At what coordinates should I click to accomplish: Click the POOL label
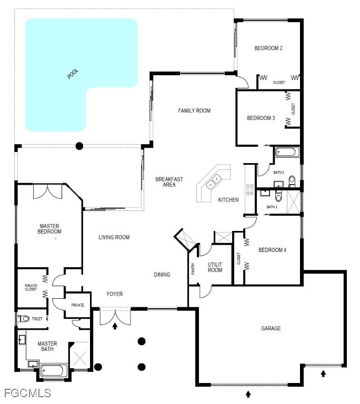click(x=73, y=74)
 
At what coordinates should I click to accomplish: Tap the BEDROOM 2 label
click(x=268, y=48)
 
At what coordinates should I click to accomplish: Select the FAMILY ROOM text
click(x=194, y=110)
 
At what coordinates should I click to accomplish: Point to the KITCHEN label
click(x=228, y=200)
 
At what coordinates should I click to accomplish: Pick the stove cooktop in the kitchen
click(x=249, y=189)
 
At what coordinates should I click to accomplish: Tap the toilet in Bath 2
click(x=292, y=181)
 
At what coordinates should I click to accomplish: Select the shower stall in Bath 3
click(x=294, y=202)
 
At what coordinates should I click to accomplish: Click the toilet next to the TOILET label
click(x=24, y=319)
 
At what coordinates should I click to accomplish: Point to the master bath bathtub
click(x=54, y=371)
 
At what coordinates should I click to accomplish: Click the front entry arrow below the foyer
click(x=115, y=326)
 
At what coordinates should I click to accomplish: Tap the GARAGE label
click(x=271, y=328)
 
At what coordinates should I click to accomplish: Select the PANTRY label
click(x=193, y=268)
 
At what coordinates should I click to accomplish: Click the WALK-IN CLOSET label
click(x=31, y=287)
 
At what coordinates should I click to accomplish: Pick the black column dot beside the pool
click(x=79, y=146)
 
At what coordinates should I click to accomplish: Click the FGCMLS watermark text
click(x=27, y=393)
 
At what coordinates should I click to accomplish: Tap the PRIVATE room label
click(x=77, y=305)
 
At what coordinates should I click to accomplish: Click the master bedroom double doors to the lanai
click(x=48, y=191)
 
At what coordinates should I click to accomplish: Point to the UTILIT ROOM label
click(x=215, y=267)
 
